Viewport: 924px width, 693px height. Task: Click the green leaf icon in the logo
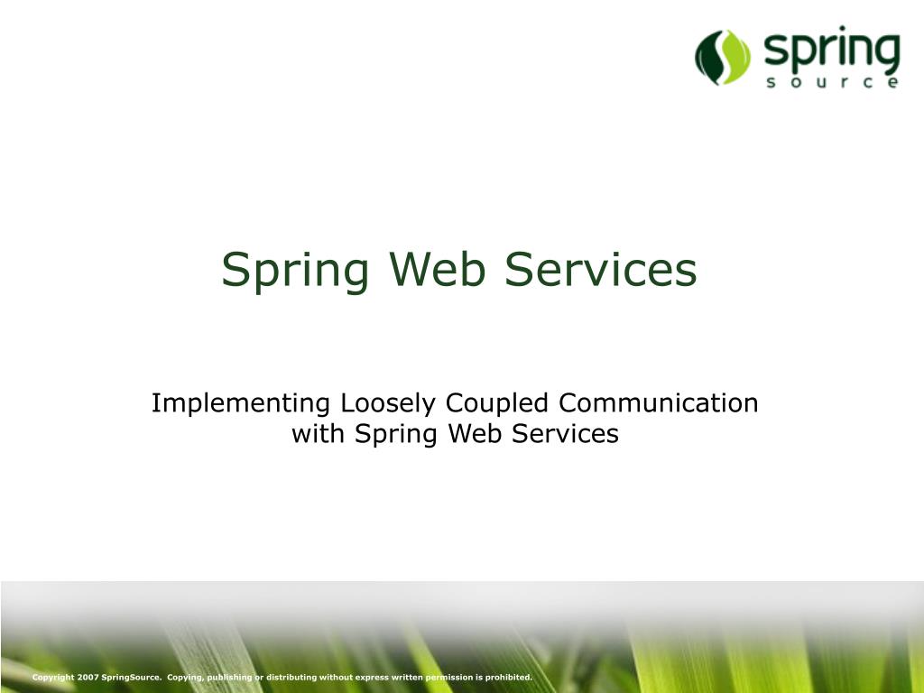pos(723,57)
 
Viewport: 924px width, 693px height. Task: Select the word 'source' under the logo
pos(831,83)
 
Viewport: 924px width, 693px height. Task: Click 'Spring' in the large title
pos(295,270)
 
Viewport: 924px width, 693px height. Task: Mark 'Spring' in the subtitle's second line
pos(395,435)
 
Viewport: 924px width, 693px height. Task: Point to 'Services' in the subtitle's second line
pos(565,434)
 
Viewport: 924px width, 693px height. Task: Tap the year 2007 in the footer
pos(88,677)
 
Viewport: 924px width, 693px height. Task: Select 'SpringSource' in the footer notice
pos(132,677)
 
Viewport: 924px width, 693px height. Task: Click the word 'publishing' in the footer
pos(229,677)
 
